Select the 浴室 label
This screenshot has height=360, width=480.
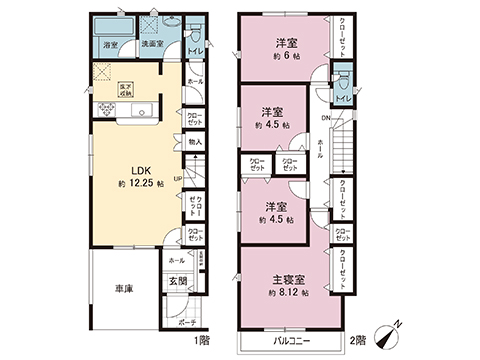pyautogui.click(x=110, y=46)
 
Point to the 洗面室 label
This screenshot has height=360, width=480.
pyautogui.click(x=152, y=45)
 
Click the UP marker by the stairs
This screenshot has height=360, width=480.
pyautogui.click(x=179, y=180)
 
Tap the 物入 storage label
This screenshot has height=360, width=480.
pyautogui.click(x=195, y=142)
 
